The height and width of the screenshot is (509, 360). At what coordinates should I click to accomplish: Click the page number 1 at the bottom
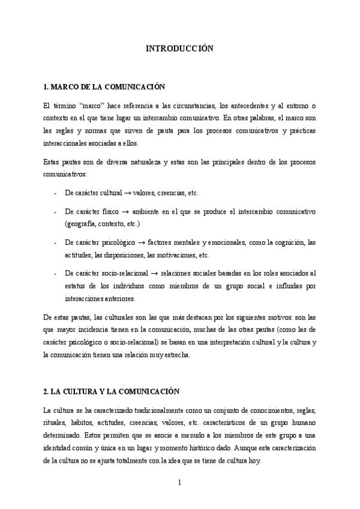click(x=179, y=483)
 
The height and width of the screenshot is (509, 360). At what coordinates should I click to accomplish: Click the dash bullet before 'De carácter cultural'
click(x=55, y=193)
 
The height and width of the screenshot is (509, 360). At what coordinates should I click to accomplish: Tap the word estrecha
click(x=175, y=355)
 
